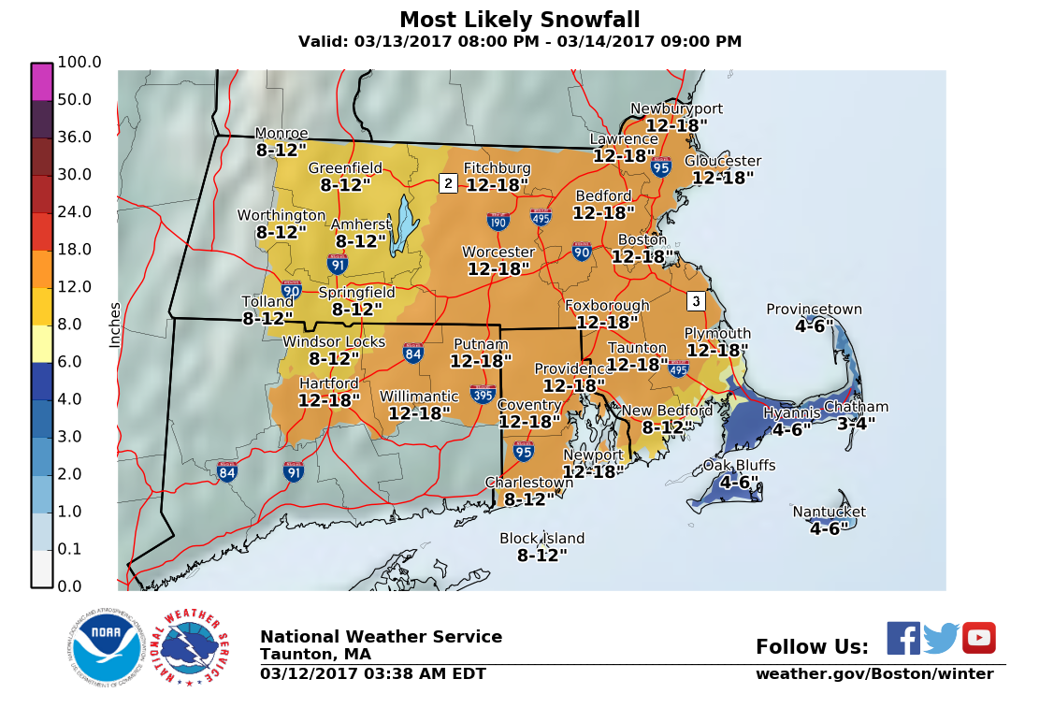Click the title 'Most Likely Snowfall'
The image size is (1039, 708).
click(x=519, y=20)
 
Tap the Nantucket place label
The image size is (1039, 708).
click(x=829, y=512)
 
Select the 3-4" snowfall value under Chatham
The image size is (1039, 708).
click(x=856, y=424)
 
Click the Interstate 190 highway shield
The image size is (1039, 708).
click(x=498, y=222)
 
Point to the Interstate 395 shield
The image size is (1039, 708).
click(x=483, y=393)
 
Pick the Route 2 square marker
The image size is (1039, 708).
click(x=449, y=183)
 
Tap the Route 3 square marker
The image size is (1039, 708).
click(x=695, y=301)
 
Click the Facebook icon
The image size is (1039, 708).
click(x=903, y=638)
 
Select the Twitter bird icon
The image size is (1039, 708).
click(x=941, y=638)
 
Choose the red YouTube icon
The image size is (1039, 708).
click(x=979, y=638)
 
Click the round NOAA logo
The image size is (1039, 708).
click(x=106, y=647)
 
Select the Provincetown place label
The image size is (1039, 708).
click(x=814, y=310)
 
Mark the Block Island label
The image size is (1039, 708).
click(x=541, y=539)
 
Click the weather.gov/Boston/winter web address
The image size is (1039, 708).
click(x=874, y=673)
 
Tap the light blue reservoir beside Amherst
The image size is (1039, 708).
click(x=401, y=224)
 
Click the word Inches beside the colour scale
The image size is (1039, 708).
click(x=115, y=325)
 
